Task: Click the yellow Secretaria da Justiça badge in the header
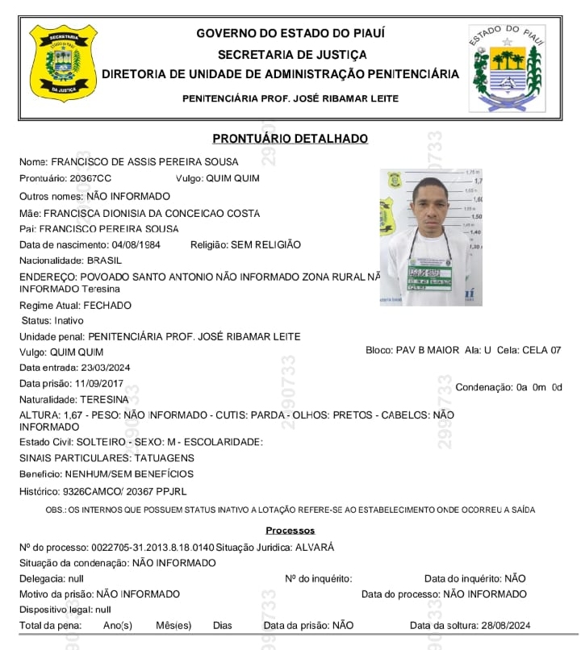[62, 63]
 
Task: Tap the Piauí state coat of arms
[508, 69]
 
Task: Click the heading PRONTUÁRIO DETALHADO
[290, 139]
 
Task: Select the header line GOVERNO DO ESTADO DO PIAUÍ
[290, 33]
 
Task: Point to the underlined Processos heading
[290, 531]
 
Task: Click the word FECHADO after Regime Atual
[108, 306]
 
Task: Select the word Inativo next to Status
[71, 321]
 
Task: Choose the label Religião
[208, 244]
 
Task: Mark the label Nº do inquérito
[318, 578]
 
